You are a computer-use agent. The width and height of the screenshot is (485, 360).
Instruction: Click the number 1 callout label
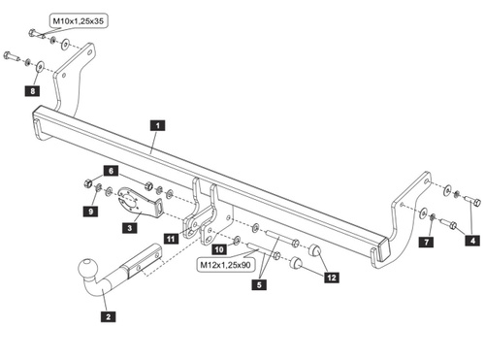[x=157, y=125]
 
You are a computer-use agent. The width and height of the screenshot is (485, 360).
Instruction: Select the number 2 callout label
[x=108, y=316]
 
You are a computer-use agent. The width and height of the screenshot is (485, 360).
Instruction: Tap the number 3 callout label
[x=130, y=228]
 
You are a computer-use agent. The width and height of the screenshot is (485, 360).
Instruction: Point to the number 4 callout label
[x=472, y=241]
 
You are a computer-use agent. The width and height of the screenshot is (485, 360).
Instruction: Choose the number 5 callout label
[x=259, y=284]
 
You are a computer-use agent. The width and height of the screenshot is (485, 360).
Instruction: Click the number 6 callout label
[x=111, y=171]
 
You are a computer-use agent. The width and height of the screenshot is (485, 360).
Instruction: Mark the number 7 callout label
[x=426, y=242]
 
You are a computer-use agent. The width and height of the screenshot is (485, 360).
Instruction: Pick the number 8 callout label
[x=32, y=91]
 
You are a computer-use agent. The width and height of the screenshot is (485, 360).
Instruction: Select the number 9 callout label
[x=90, y=212]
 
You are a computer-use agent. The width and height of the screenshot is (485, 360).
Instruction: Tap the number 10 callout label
[x=219, y=249]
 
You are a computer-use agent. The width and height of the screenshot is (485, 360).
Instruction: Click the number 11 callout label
[x=171, y=239]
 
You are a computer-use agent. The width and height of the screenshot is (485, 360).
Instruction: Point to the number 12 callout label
[x=332, y=278]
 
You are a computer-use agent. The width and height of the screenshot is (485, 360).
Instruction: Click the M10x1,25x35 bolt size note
[x=79, y=21]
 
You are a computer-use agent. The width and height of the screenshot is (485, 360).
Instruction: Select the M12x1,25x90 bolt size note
[x=225, y=265]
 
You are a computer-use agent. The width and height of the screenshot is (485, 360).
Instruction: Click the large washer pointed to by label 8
[x=41, y=67]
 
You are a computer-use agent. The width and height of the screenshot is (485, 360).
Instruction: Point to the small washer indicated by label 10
[x=237, y=240]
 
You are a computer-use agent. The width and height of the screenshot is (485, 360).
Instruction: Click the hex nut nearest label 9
[x=87, y=183]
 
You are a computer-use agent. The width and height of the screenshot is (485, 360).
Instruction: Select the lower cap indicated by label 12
[x=296, y=262]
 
